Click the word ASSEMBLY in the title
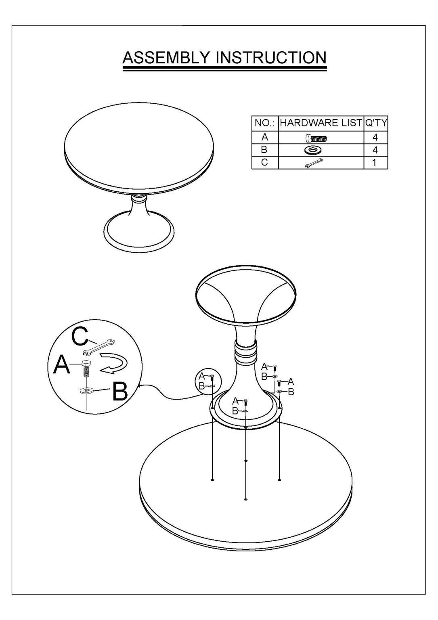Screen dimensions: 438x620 click(166, 57)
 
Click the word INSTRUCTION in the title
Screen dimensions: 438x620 click(271, 57)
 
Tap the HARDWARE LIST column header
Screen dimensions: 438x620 click(321, 123)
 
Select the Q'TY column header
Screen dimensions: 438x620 click(376, 123)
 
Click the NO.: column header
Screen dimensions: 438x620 click(265, 123)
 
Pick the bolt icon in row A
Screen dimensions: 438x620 click(316, 138)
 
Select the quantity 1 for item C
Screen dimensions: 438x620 click(374, 163)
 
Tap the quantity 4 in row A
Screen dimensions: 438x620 click(375, 137)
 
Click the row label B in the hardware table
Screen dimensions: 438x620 click(264, 150)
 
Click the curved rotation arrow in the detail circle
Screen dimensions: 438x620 click(114, 363)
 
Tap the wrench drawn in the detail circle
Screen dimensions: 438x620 click(99, 346)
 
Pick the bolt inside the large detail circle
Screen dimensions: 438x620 click(87, 369)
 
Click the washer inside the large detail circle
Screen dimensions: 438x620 click(87, 391)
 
